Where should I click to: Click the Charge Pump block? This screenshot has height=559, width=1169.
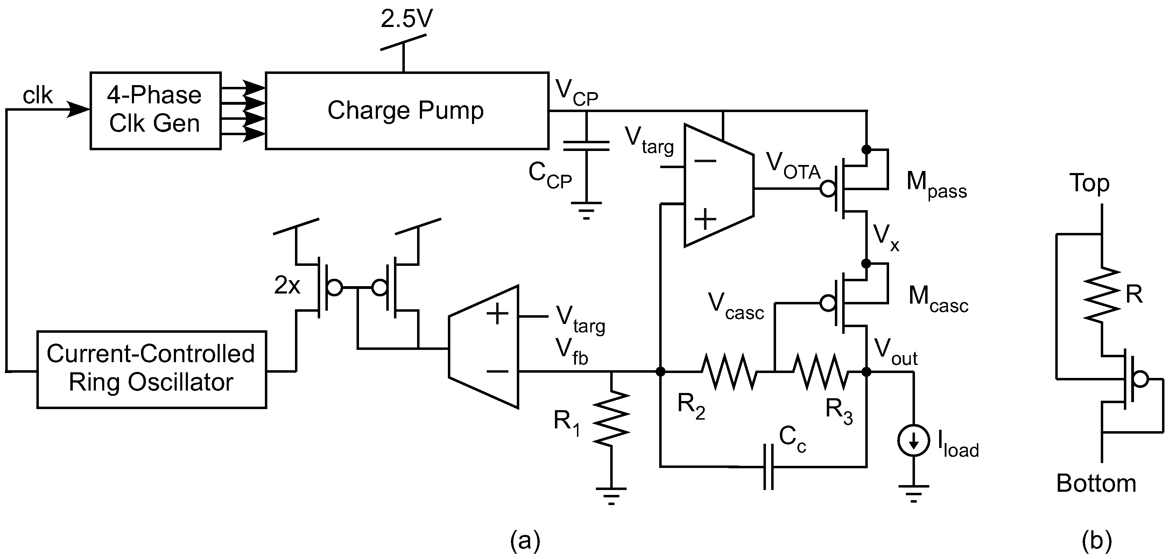coord(407,110)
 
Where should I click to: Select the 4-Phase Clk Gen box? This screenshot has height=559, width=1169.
coord(155,110)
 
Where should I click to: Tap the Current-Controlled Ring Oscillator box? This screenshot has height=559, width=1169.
coord(151,369)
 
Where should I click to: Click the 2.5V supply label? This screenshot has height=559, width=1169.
coord(406,19)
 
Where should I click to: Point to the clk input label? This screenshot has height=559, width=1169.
coord(38,96)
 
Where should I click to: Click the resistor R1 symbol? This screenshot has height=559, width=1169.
coord(611,418)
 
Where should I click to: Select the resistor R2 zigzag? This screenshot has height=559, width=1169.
coord(729,372)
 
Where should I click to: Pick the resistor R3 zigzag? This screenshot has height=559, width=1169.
coord(821,372)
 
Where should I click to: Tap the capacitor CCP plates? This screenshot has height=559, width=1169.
coord(586,146)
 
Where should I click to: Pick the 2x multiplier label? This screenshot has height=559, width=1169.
coord(287,285)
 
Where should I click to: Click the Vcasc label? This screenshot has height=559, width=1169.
coord(735,306)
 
